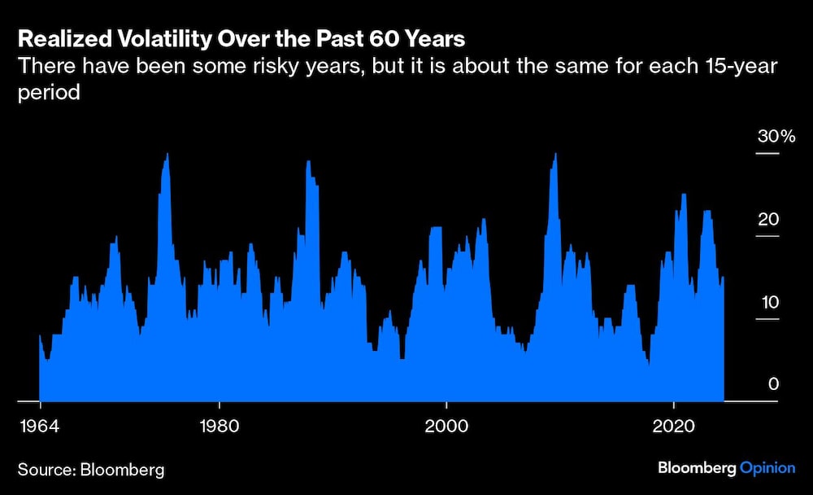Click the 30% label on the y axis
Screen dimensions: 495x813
[x=776, y=136]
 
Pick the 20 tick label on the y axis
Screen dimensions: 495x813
[x=768, y=220]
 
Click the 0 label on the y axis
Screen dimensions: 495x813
[x=774, y=383]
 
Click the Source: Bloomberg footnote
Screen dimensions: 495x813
[x=91, y=470]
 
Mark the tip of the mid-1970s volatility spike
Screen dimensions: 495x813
[x=167, y=155]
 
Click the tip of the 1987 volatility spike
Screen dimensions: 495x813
[x=308, y=161]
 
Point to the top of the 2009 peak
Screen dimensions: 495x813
[x=554, y=155]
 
